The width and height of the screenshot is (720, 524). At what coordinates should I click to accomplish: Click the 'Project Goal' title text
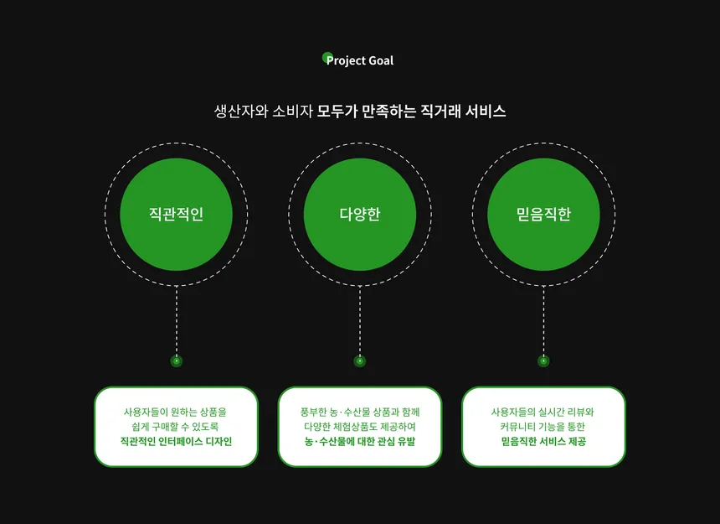[x=359, y=60]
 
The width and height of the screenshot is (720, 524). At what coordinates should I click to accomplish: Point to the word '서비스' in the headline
[x=486, y=112]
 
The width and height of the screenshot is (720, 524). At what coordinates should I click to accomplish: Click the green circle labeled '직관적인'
[x=177, y=214]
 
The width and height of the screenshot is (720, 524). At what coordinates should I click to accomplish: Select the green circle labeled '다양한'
[x=360, y=214]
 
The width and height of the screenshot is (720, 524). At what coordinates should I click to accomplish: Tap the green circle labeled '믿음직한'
[x=543, y=214]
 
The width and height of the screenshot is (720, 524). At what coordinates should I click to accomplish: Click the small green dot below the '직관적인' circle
[x=177, y=361]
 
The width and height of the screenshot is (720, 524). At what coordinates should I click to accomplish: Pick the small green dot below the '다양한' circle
[x=360, y=361]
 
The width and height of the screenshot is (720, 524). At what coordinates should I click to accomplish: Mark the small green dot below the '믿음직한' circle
[x=543, y=361]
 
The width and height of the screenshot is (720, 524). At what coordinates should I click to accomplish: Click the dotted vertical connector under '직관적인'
[x=177, y=320]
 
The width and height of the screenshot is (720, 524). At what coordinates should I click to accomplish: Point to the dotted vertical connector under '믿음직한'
[x=543, y=320]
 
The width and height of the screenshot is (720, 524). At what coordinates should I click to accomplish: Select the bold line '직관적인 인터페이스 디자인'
[x=177, y=442]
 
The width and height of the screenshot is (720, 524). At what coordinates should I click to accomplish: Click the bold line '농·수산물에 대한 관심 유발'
[x=360, y=442]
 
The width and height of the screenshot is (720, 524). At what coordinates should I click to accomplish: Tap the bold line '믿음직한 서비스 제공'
[x=543, y=442]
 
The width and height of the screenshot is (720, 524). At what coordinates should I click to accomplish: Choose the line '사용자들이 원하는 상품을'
[x=176, y=412]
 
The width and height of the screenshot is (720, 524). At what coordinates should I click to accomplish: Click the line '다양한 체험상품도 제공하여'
[x=360, y=427]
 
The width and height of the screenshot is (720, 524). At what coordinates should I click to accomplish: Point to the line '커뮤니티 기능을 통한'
[x=543, y=427]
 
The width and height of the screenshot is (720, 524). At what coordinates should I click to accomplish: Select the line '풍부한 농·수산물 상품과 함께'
[x=360, y=412]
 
